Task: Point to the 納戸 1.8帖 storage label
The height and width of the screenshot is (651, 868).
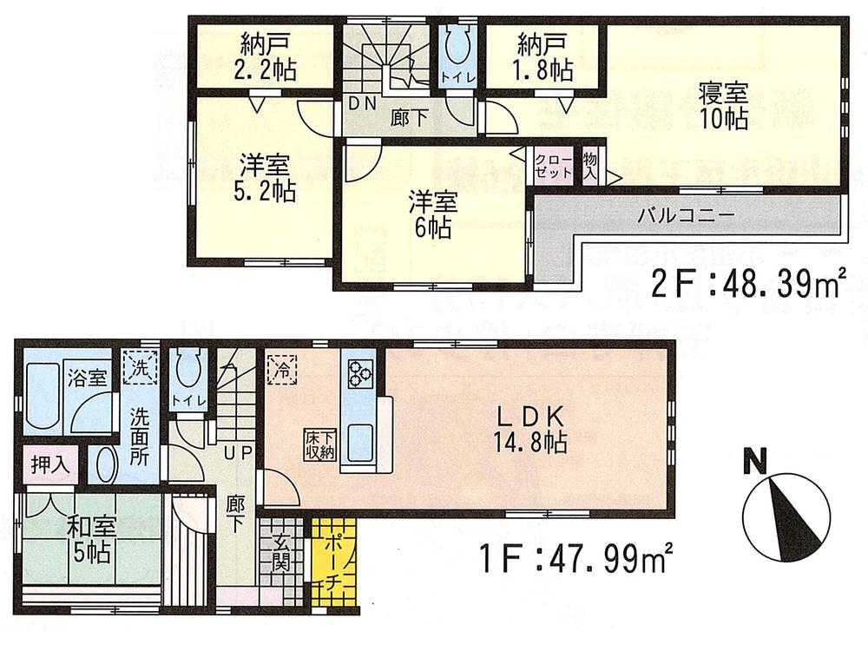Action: coord(542,57)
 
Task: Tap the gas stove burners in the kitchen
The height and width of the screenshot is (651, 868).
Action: coord(359,377)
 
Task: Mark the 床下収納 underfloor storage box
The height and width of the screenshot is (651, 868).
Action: coord(319,444)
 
